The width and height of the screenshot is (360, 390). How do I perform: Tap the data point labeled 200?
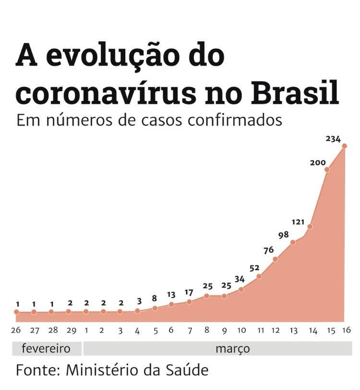327,169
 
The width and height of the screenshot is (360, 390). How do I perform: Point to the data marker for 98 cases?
293,242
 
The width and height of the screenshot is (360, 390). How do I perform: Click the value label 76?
269,250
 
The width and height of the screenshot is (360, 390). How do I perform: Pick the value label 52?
254,268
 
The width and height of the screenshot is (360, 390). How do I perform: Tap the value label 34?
240,279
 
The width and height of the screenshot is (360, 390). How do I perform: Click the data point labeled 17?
189,302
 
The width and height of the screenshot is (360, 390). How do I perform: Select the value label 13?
171,295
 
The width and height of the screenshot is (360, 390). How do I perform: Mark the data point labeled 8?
155,308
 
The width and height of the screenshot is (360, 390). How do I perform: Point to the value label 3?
139,301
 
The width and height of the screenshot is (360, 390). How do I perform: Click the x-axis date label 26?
16,330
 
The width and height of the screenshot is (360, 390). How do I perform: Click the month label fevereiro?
46,348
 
